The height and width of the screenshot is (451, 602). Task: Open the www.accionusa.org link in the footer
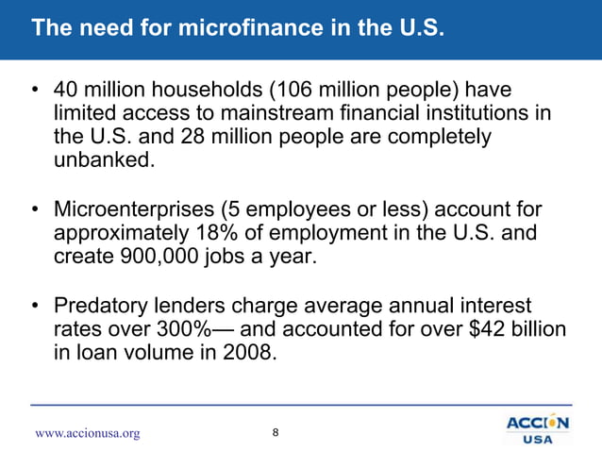click(87, 433)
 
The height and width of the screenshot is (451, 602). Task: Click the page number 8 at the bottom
click(275, 432)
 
